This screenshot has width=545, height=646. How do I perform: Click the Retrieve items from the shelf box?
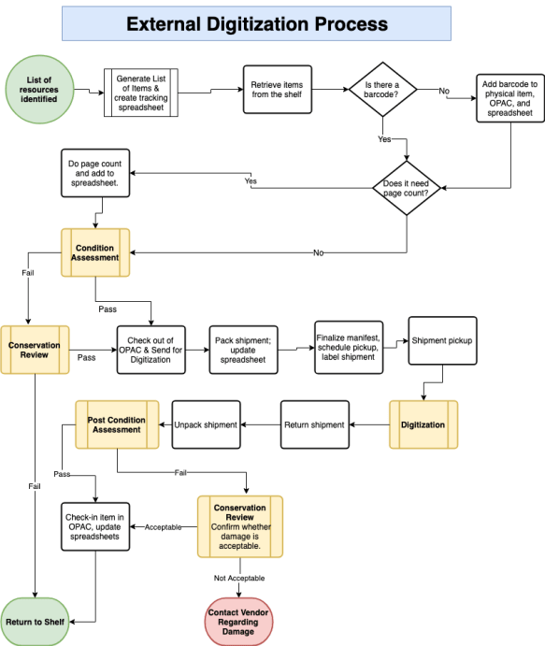(x=278, y=90)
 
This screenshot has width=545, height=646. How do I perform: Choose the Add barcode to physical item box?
(x=509, y=98)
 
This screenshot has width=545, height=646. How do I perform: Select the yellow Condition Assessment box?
(x=94, y=253)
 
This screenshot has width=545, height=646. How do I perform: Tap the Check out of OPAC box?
(x=151, y=350)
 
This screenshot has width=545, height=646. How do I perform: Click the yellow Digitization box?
(x=423, y=424)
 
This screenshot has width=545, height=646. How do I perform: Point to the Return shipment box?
(x=314, y=424)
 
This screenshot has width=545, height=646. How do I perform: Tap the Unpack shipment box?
(x=206, y=424)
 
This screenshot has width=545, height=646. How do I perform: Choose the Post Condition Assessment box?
(x=114, y=424)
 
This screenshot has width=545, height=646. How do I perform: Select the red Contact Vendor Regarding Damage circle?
(x=238, y=618)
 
